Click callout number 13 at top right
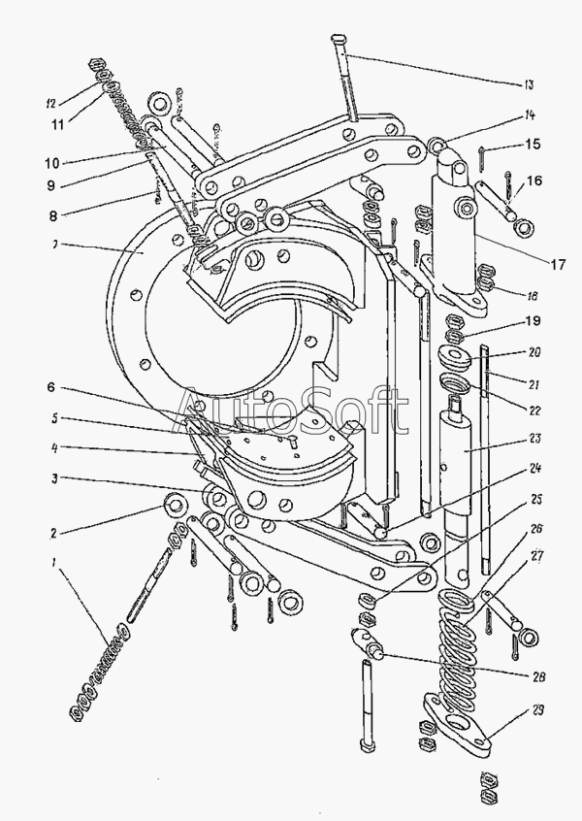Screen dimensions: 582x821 pos(528,84)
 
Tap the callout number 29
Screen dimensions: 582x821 pos(537,710)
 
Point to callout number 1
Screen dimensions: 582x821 pos(53,564)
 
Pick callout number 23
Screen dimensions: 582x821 pos(534,439)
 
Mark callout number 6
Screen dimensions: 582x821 pos(50,387)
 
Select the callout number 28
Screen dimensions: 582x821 pos(538,676)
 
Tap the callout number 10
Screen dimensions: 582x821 pos(52,163)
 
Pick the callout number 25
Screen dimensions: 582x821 pos(536,500)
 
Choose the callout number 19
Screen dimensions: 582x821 pos(533,320)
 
